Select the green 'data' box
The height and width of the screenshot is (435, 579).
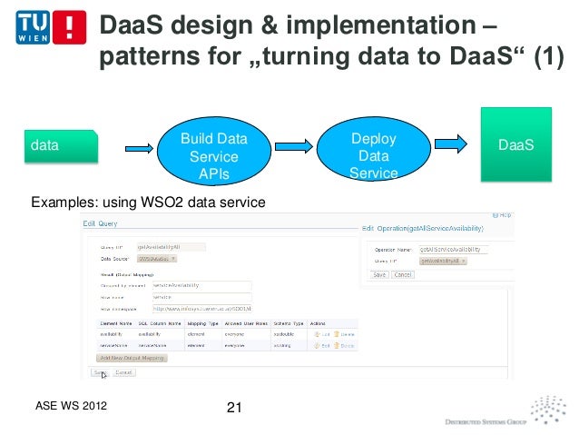coord(62,145)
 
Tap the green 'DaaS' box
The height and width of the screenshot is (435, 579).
coord(515,145)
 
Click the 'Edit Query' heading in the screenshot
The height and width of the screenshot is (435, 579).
coord(102,223)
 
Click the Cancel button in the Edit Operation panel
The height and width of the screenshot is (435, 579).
coord(403,274)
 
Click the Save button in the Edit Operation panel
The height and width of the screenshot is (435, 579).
coord(379,274)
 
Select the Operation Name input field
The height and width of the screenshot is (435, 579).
coord(454,248)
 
